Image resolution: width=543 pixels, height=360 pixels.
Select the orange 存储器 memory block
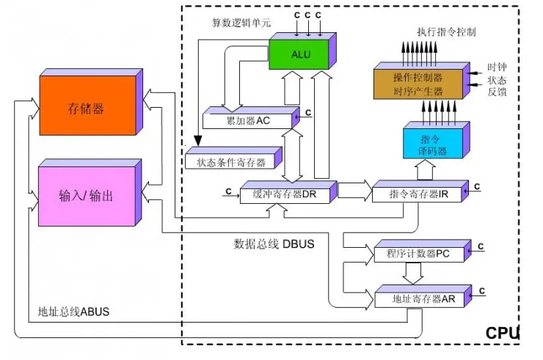(x=87, y=109)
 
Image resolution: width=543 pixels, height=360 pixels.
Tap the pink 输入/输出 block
(x=86, y=196)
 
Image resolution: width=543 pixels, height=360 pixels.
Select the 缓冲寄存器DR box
(x=284, y=194)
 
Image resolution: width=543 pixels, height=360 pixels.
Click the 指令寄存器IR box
(x=415, y=194)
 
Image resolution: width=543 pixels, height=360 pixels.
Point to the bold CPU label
(x=502, y=334)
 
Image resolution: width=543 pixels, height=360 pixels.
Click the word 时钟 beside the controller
(x=497, y=67)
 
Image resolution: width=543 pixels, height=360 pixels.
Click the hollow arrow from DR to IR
(x=354, y=191)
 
